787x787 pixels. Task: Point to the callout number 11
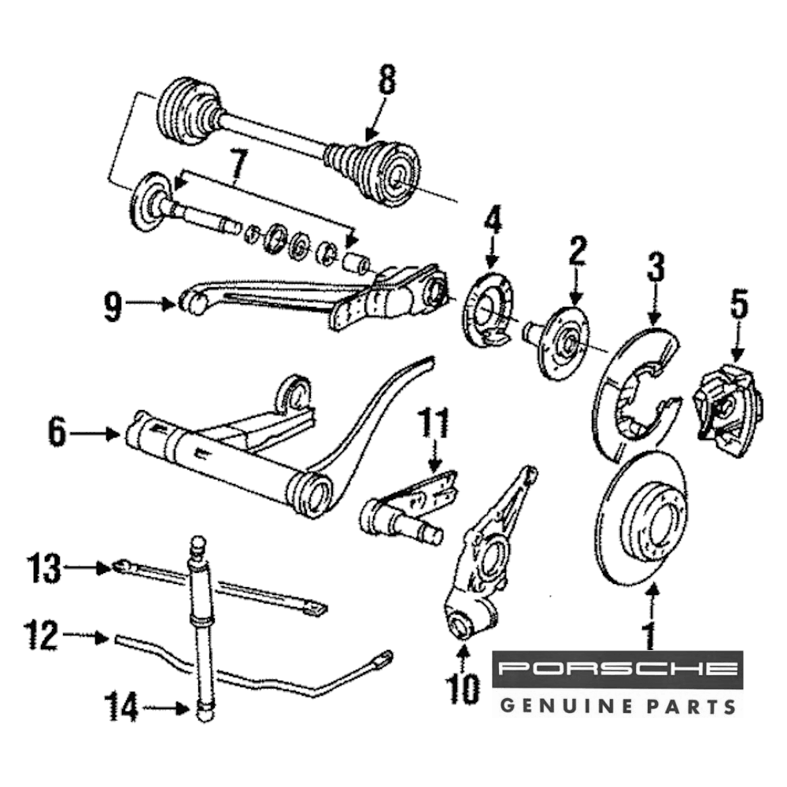point(436,427)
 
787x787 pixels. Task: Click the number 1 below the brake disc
point(650,634)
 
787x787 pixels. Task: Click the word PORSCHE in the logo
point(618,670)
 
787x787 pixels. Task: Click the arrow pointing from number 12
point(87,636)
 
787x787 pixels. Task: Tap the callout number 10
point(464,689)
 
